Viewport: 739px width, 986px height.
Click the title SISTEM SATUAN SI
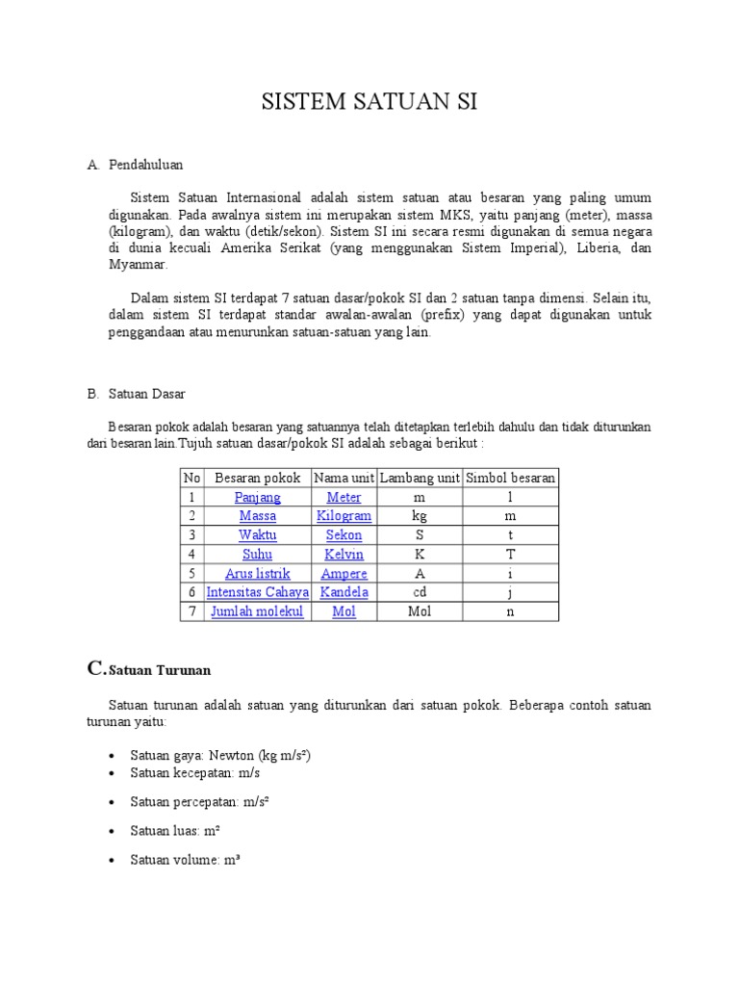tap(369, 103)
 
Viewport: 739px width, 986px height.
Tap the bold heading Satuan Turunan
tap(160, 669)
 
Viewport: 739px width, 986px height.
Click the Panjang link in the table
tap(258, 497)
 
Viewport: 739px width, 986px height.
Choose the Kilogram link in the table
tap(344, 516)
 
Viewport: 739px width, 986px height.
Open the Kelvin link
tap(344, 555)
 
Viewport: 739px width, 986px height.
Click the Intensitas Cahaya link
tap(258, 592)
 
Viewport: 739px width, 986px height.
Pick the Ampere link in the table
tap(344, 574)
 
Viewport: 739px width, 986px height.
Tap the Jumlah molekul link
tap(258, 611)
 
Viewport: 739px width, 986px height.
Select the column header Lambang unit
tap(420, 478)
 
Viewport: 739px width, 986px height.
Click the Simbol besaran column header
tap(510, 478)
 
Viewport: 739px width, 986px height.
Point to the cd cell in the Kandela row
tap(420, 592)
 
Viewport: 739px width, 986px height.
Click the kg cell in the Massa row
tap(420, 516)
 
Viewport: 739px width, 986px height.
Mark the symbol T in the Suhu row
tap(510, 555)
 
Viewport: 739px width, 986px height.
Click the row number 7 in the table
tap(191, 611)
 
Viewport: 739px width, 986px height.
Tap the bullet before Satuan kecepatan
tap(115, 774)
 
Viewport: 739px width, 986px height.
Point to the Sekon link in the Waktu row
tap(344, 535)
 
